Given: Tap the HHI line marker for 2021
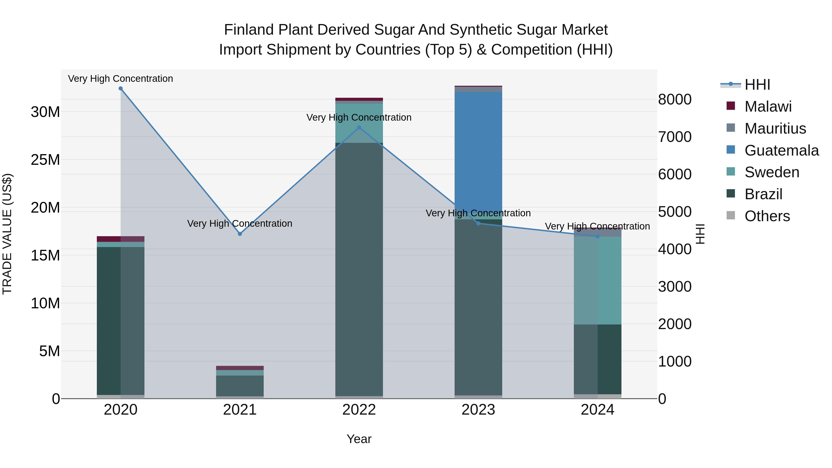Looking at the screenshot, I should tap(240, 234).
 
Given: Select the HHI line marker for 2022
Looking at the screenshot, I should tap(359, 128).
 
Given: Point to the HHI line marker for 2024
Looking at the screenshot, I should tap(597, 236).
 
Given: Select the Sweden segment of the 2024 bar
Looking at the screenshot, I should tap(597, 280).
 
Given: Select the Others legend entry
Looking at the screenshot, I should tap(767, 216).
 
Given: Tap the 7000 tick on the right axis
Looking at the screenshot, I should tap(675, 137).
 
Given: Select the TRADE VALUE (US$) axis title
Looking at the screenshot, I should tap(7, 234).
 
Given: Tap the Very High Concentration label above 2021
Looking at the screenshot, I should tap(240, 223).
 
